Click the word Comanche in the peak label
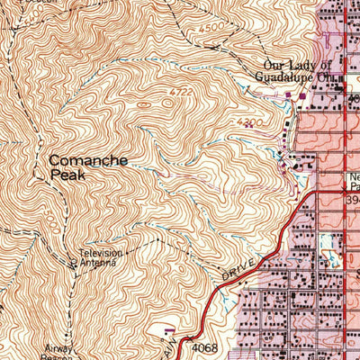(88, 160)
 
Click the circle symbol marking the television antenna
(73, 264)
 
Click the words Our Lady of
(298, 65)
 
